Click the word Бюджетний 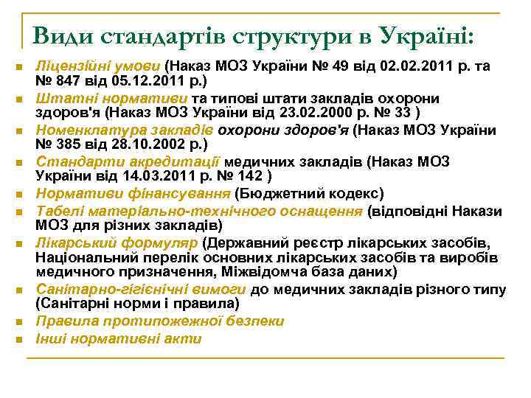(285, 194)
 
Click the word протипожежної (176, 321)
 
